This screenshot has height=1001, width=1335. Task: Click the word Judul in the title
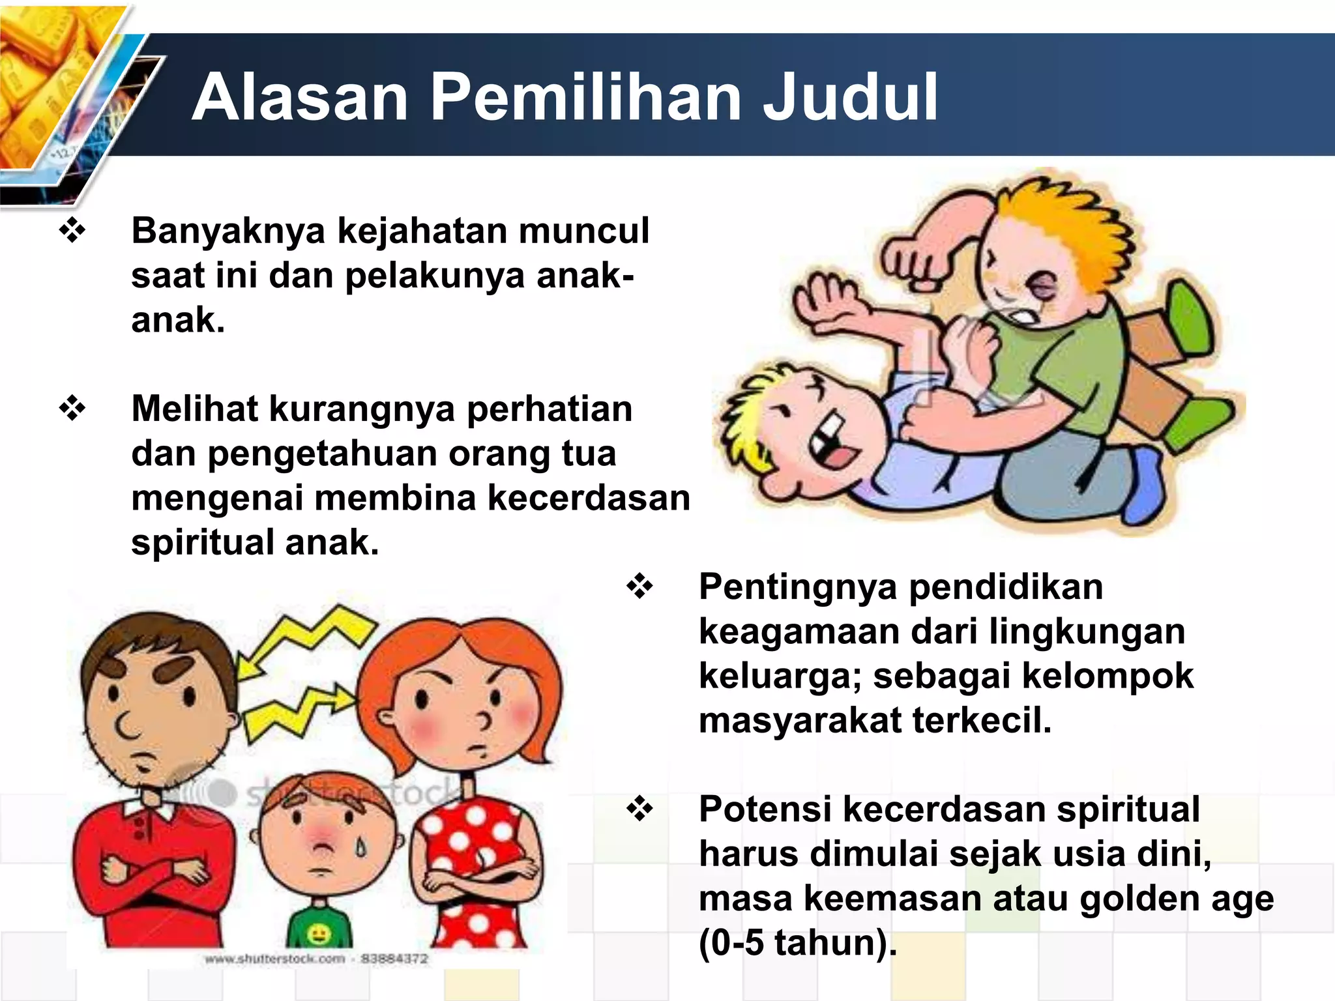click(850, 98)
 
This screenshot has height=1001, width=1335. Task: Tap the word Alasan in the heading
click(300, 98)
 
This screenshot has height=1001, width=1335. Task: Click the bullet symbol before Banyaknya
click(72, 231)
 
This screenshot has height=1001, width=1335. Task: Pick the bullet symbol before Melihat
click(72, 409)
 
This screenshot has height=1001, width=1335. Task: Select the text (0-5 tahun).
click(797, 943)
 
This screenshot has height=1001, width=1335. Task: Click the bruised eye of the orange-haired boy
click(1042, 285)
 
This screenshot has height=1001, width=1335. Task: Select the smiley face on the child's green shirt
click(319, 936)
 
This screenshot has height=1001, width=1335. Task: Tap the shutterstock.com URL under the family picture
click(274, 959)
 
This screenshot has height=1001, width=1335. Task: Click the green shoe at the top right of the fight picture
click(1190, 319)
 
